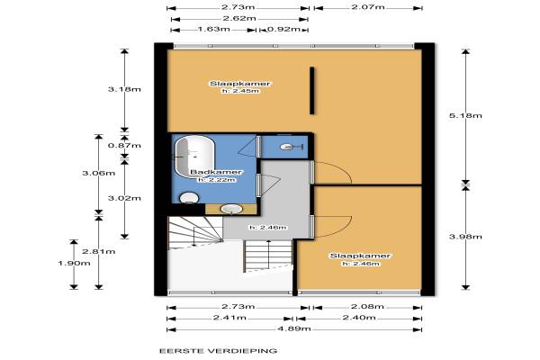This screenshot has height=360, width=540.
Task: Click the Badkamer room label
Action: click(216, 172)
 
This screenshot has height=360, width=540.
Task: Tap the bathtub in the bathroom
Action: click(194, 157)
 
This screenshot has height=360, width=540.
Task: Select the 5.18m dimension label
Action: click(465, 115)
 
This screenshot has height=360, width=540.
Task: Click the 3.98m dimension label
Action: click(465, 237)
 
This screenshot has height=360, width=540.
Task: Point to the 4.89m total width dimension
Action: click(294, 328)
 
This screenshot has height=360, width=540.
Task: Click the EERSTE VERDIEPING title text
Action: click(219, 351)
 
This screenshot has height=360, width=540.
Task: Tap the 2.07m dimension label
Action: click(368, 7)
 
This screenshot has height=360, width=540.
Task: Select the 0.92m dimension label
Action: click(284, 29)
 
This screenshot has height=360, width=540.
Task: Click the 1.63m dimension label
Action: click(214, 29)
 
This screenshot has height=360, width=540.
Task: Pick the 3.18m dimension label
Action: click(124, 89)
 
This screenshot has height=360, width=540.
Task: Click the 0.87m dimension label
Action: click(124, 146)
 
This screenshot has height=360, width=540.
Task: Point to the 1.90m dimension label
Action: click(74, 264)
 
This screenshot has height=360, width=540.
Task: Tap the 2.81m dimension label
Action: click(99, 251)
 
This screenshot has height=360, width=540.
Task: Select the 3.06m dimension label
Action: click(99, 173)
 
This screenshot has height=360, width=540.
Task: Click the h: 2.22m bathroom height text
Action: click(217, 180)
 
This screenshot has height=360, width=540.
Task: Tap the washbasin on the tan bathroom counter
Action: click(231, 209)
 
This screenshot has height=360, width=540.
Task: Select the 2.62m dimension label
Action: click(239, 18)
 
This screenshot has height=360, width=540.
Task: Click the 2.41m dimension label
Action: click(229, 318)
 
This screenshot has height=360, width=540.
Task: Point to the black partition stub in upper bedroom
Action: click(312, 91)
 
